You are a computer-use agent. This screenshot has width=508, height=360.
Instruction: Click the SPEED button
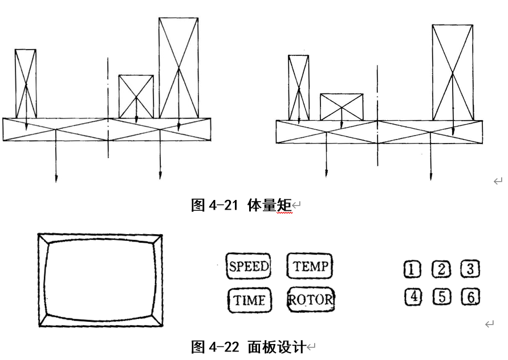point(249,267)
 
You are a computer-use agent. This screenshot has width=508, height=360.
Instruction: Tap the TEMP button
point(310,266)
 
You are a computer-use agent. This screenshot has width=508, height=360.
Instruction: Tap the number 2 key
point(440,269)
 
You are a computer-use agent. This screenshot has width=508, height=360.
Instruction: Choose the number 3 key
point(470,269)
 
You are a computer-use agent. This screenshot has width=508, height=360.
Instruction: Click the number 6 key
point(470,297)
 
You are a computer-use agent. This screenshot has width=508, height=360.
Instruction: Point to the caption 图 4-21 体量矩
point(241,206)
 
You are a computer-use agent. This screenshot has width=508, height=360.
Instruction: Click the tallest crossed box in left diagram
point(178,68)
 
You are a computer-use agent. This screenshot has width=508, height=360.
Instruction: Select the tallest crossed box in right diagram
point(453,72)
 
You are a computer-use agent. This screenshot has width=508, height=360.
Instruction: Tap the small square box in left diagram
point(136,96)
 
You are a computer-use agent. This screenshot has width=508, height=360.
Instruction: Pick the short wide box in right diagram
point(341,107)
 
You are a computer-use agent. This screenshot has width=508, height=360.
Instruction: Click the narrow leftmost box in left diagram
point(26,83)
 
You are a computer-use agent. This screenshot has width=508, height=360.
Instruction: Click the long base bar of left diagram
point(107,129)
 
